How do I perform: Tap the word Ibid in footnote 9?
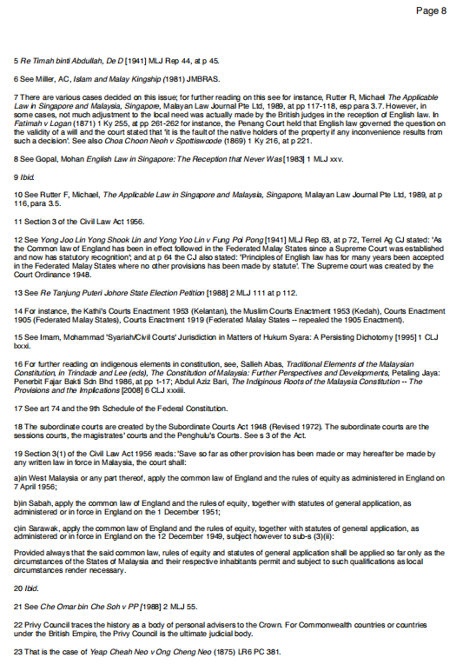27,176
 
